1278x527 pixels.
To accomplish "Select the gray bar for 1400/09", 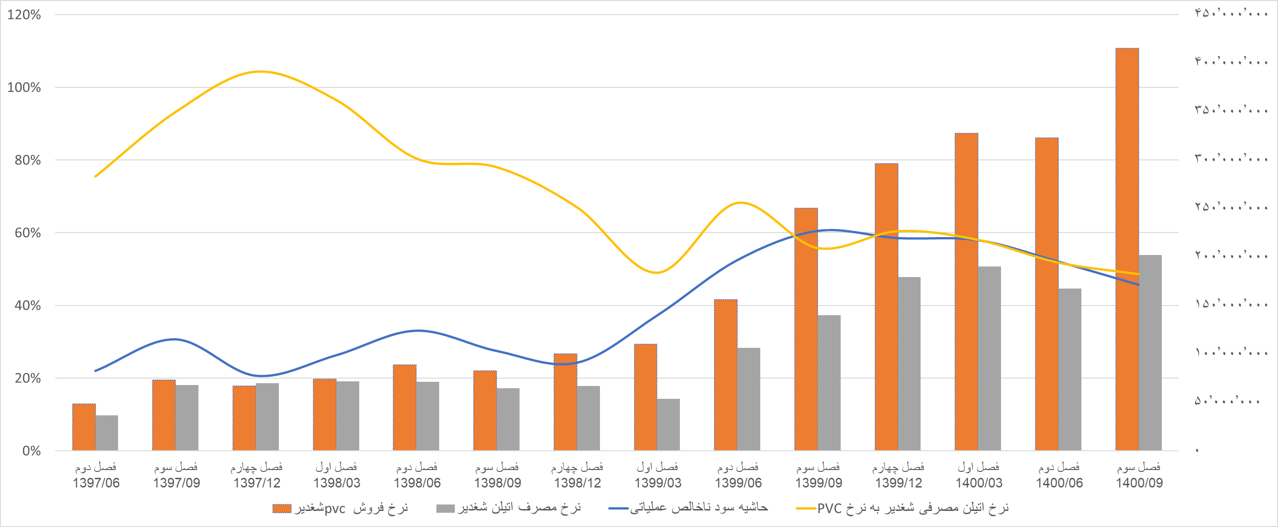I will pos(1150,353).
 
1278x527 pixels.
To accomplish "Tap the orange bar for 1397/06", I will pos(84,427).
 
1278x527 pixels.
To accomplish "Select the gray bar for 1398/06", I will pos(428,416).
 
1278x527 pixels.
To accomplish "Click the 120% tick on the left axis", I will pos(24,15).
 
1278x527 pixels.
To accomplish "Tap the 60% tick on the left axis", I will pos(28,233).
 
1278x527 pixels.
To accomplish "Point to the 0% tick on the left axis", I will pos(31,451).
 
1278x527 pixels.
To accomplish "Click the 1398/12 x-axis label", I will pos(577,483).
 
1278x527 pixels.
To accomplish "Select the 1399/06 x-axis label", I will pos(738,483).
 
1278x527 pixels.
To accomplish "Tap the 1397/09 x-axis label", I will pos(176,483).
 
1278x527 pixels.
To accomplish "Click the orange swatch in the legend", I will pos(282,509).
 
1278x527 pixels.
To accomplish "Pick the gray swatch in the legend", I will pos(445,509).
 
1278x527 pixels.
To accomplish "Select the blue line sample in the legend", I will pos(618,509).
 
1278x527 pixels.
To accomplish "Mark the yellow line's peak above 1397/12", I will pos(260,72).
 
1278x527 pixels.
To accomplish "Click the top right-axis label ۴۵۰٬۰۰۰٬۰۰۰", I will pos(1231,14).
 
